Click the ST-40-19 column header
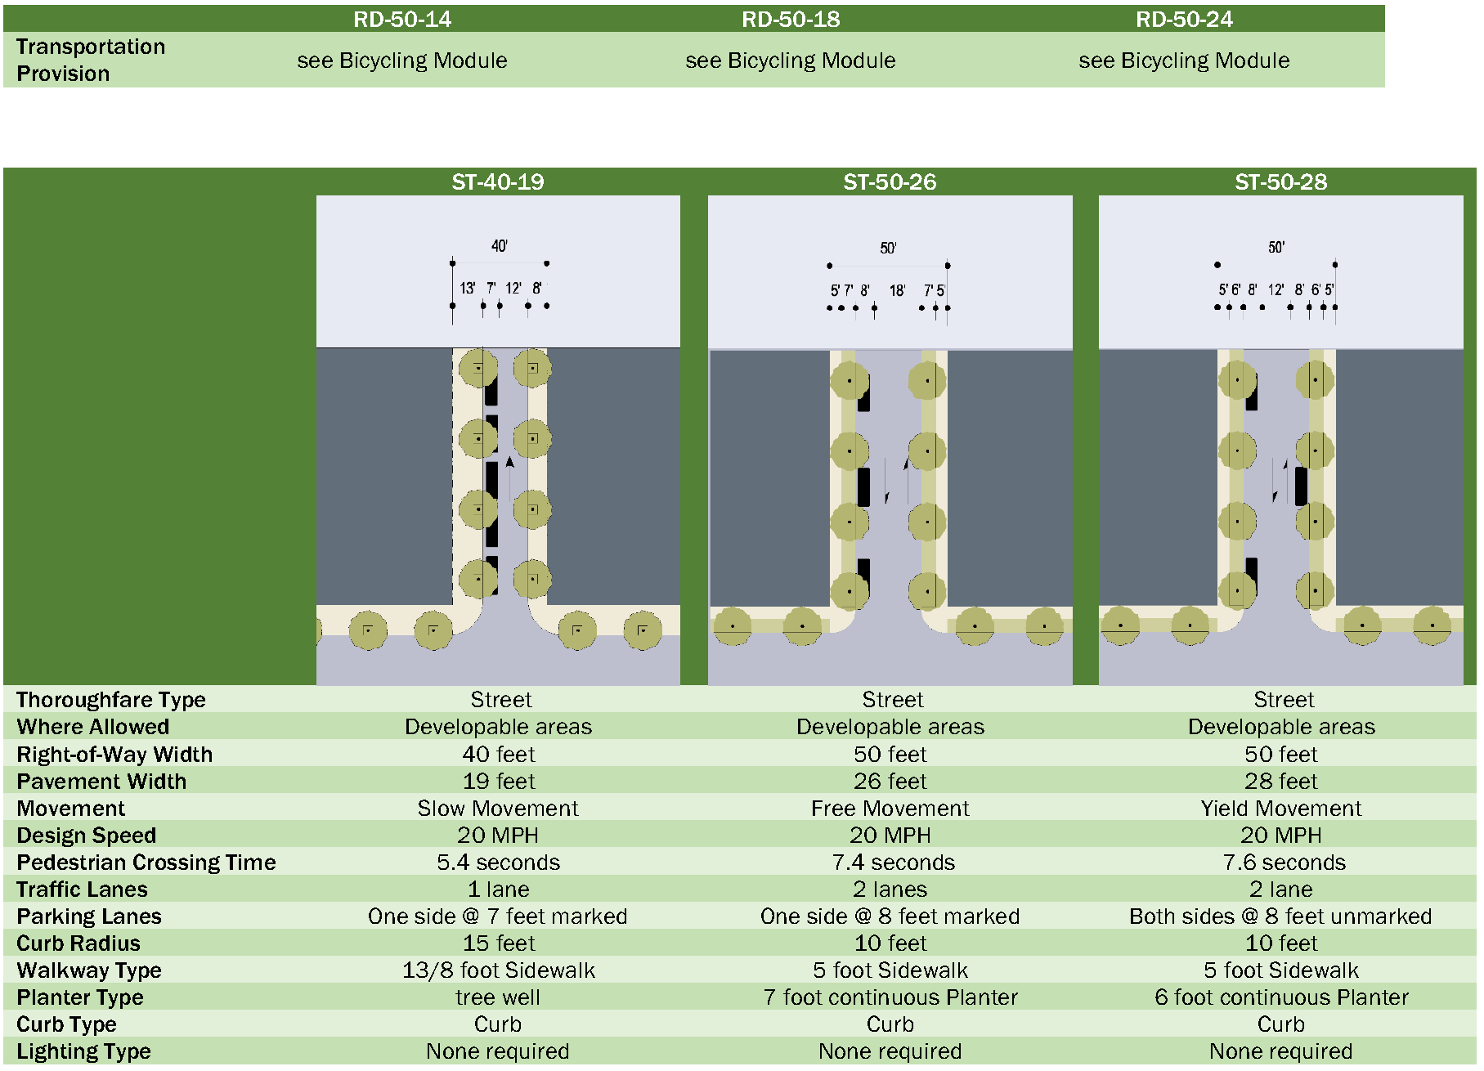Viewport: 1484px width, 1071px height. click(x=498, y=181)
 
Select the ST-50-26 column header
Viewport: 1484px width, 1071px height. click(x=890, y=181)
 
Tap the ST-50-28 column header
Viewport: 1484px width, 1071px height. click(x=1280, y=181)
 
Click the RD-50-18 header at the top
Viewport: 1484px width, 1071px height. click(x=791, y=19)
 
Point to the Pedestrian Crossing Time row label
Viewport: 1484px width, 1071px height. click(x=146, y=863)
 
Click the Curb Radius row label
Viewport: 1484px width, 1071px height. click(x=78, y=943)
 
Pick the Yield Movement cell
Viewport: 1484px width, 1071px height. click(x=1280, y=809)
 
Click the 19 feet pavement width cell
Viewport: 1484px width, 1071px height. click(x=499, y=782)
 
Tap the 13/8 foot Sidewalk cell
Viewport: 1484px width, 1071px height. click(x=499, y=970)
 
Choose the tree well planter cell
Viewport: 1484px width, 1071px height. click(x=498, y=997)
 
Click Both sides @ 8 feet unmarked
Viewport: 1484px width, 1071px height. click(x=1280, y=916)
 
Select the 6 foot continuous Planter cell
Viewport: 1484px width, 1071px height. click(x=1281, y=997)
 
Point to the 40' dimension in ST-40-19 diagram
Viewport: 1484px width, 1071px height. click(x=500, y=246)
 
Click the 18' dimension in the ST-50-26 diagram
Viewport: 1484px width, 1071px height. click(x=897, y=290)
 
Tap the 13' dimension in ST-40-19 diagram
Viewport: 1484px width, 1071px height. click(x=467, y=288)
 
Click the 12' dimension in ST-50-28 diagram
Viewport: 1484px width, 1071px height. click(x=1276, y=289)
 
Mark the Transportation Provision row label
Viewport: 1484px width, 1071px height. click(x=90, y=60)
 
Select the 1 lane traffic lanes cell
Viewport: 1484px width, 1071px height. click(x=499, y=890)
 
